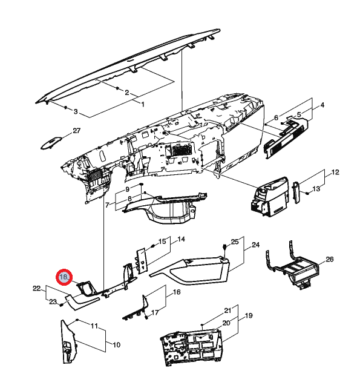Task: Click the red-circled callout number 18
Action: (x=64, y=277)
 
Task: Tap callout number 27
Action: (x=77, y=130)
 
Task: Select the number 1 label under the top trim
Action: (x=142, y=104)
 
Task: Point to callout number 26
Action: (x=329, y=259)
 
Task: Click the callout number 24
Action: (x=255, y=245)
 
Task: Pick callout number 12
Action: (x=335, y=172)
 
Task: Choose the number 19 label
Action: (x=249, y=315)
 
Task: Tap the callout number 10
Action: (x=116, y=344)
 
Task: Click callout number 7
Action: (x=107, y=205)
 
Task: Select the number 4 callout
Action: (x=322, y=105)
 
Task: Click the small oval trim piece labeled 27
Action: (x=51, y=143)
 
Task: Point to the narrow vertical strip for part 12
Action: (x=296, y=192)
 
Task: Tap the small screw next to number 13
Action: (x=307, y=193)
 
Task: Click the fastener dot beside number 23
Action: (x=61, y=304)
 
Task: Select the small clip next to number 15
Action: (x=152, y=246)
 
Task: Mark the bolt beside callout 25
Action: (x=224, y=246)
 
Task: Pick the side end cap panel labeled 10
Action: (x=68, y=341)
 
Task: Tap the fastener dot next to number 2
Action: (x=117, y=88)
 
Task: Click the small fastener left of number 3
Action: (x=65, y=107)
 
